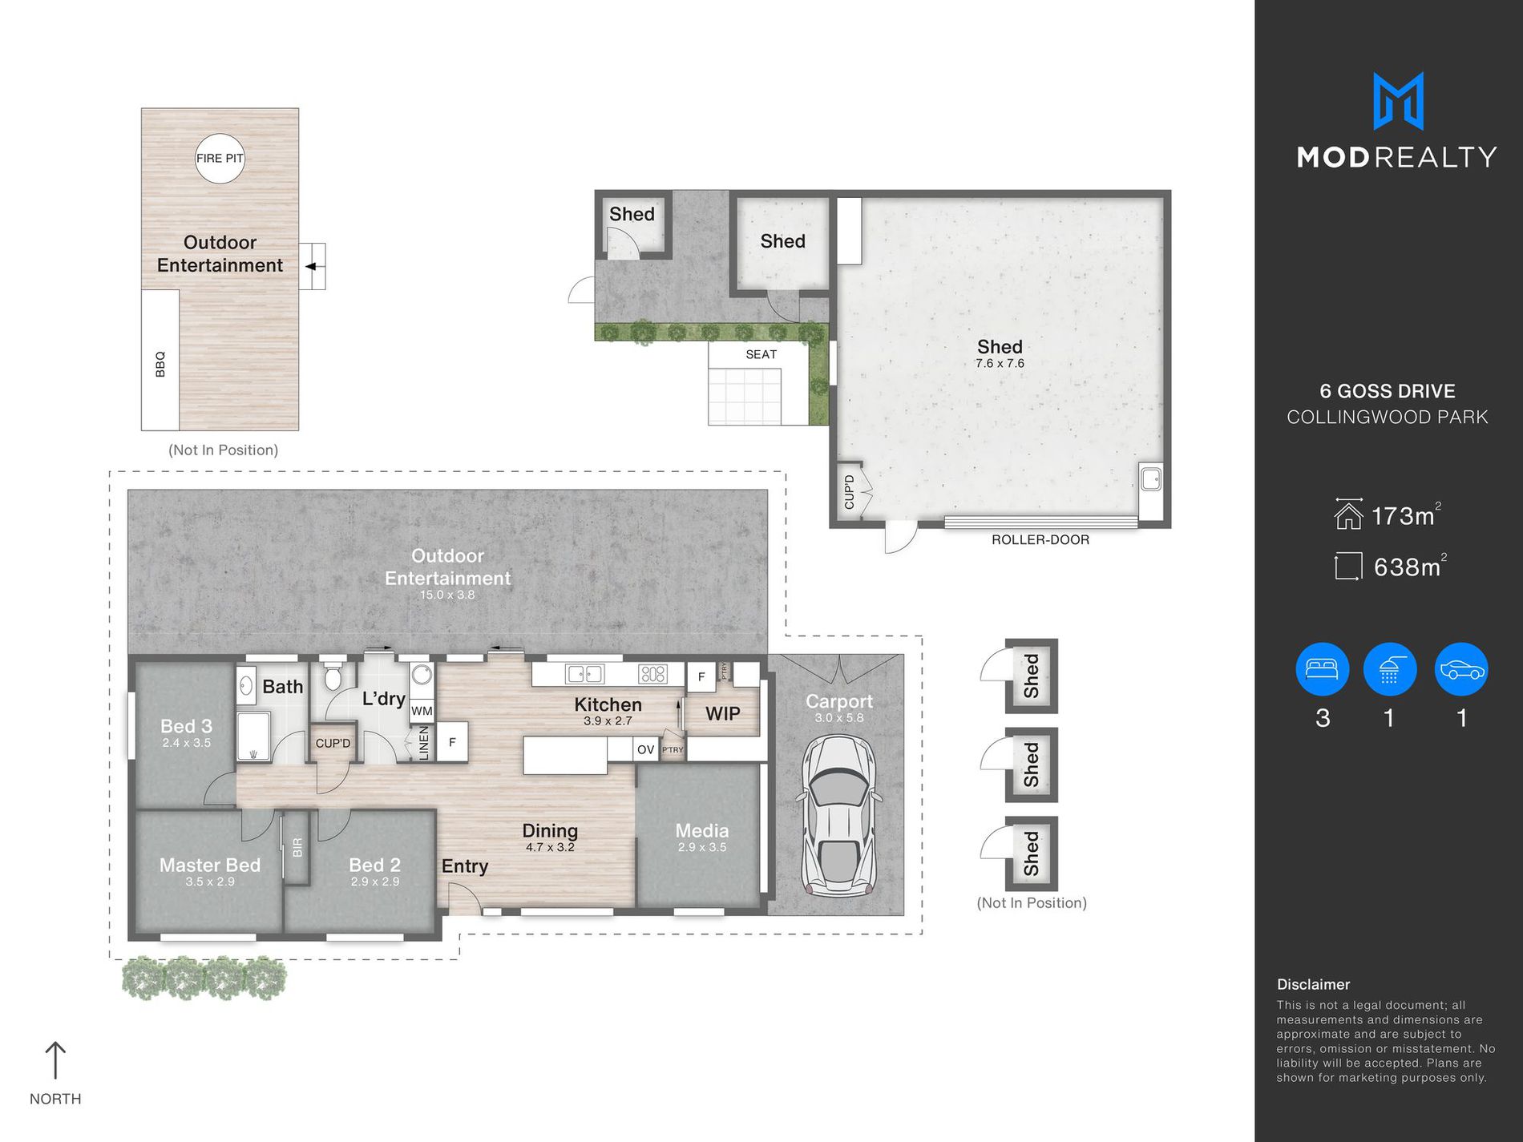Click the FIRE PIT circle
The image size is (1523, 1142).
(x=220, y=158)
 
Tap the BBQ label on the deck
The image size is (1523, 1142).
(x=160, y=364)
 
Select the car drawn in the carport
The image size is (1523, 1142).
(x=838, y=816)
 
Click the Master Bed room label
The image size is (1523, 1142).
(x=210, y=865)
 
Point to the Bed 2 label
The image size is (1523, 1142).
(x=374, y=865)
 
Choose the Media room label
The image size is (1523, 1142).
(x=702, y=830)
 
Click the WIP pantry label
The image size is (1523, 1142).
(x=722, y=713)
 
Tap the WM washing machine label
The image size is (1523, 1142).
(x=422, y=710)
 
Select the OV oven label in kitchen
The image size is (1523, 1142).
(x=645, y=750)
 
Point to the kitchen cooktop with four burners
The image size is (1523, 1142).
(x=652, y=674)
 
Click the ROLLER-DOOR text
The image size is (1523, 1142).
(x=1040, y=539)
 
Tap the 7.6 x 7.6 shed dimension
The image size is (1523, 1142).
(x=1000, y=363)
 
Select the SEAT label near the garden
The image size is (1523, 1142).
(x=761, y=354)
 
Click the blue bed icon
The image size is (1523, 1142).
(x=1322, y=669)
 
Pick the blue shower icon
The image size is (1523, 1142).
(x=1390, y=669)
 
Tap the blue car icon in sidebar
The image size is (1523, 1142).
(x=1461, y=669)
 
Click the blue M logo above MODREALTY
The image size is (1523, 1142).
(x=1398, y=101)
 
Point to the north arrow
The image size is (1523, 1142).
(x=55, y=1060)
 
